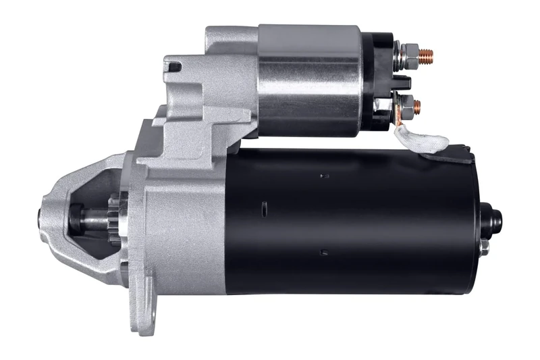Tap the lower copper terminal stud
(x=416, y=105)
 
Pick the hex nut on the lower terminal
(x=406, y=105)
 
